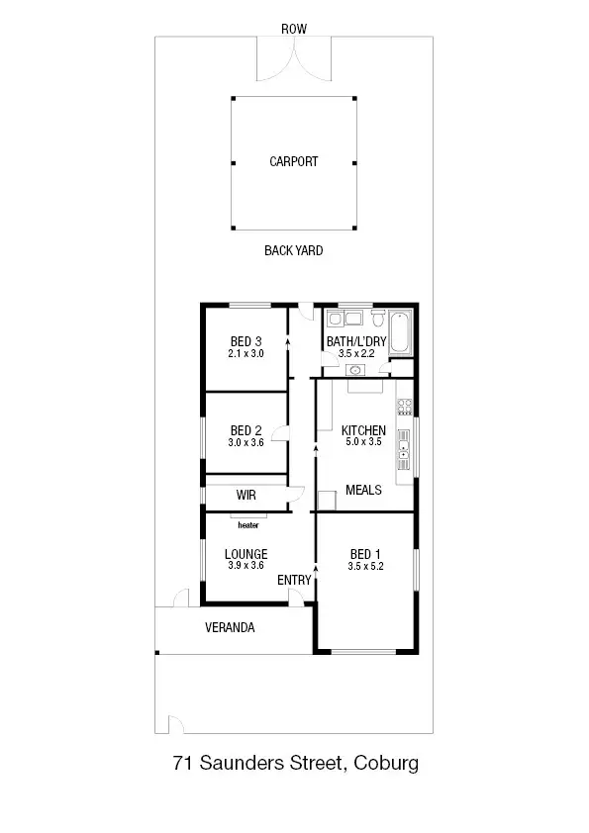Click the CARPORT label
pyautogui.click(x=294, y=161)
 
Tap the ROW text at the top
pyautogui.click(x=294, y=30)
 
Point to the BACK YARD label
pyautogui.click(x=293, y=251)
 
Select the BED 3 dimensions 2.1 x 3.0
pyautogui.click(x=245, y=354)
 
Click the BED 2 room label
pyautogui.click(x=245, y=430)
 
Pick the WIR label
pyautogui.click(x=246, y=495)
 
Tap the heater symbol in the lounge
pyautogui.click(x=246, y=516)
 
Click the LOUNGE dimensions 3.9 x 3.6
pyautogui.click(x=246, y=566)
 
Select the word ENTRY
pyautogui.click(x=294, y=580)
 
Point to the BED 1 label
pyautogui.click(x=363, y=554)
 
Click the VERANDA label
pyautogui.click(x=230, y=627)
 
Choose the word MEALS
pyautogui.click(x=363, y=490)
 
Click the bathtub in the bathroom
pyautogui.click(x=401, y=333)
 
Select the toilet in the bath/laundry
pyautogui.click(x=377, y=318)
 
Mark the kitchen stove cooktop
pyautogui.click(x=404, y=406)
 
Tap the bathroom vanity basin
pyautogui.click(x=355, y=371)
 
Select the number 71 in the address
pyautogui.click(x=182, y=763)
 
